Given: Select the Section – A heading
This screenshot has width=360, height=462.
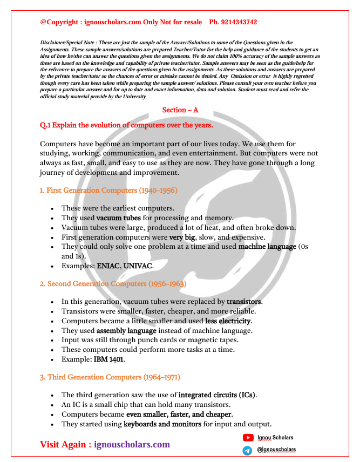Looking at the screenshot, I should tap(180, 110).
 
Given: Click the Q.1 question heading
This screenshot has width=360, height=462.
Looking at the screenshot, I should tap(126, 125).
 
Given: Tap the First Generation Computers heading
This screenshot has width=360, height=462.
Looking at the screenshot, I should tap(108, 191).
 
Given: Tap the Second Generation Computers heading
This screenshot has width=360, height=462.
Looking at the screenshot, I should tap(113, 283).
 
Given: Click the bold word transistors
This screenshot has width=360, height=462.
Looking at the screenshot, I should tap(244, 301).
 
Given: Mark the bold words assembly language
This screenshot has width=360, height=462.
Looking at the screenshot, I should tap(126, 330).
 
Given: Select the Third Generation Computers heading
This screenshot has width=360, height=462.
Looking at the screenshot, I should tap(110, 377).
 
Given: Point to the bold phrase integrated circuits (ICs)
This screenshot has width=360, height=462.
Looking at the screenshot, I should tap(217, 395).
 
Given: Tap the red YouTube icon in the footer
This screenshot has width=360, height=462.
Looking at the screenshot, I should tap(248, 438).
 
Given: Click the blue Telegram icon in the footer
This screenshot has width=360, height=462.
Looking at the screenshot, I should tap(248, 450).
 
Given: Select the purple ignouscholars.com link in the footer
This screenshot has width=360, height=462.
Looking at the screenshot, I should tap(132, 444).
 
